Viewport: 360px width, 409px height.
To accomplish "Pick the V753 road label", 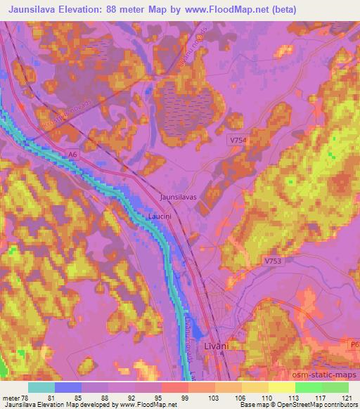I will tap(273, 261).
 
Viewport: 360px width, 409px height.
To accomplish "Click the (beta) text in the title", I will tap(281, 10).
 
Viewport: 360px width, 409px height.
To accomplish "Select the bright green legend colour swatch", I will tap(308, 387).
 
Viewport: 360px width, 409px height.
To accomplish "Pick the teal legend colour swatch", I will tap(41, 387).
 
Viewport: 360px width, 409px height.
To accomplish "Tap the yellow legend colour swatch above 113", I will tap(281, 387).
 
